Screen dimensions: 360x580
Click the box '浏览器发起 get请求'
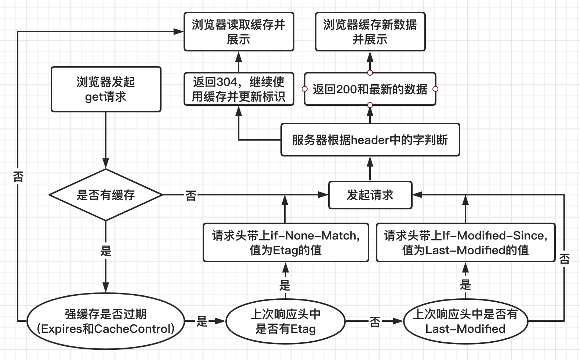point(106,89)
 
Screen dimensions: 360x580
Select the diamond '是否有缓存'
point(106,195)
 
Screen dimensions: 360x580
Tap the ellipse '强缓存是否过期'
point(106,321)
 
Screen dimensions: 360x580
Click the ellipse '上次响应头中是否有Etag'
point(285,321)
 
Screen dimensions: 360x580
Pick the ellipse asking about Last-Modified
point(465,321)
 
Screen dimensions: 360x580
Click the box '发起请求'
point(370,195)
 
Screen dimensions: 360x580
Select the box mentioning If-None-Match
point(286,242)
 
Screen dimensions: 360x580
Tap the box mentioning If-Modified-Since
point(465,242)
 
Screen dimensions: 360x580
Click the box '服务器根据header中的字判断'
point(370,140)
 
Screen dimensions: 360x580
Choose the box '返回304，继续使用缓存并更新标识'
point(239,89)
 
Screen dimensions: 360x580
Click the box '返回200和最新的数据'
point(370,89)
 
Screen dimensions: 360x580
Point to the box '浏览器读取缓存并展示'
point(239,32)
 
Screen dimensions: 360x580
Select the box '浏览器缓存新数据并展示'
point(370,32)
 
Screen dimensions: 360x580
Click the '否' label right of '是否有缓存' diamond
point(191,195)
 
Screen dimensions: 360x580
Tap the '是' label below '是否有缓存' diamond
point(106,251)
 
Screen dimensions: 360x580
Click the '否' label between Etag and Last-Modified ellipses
point(375,322)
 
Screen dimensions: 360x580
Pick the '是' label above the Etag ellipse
point(285,285)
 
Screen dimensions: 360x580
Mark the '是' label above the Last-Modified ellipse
point(465,285)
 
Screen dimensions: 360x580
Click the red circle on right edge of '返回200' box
point(435,89)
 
